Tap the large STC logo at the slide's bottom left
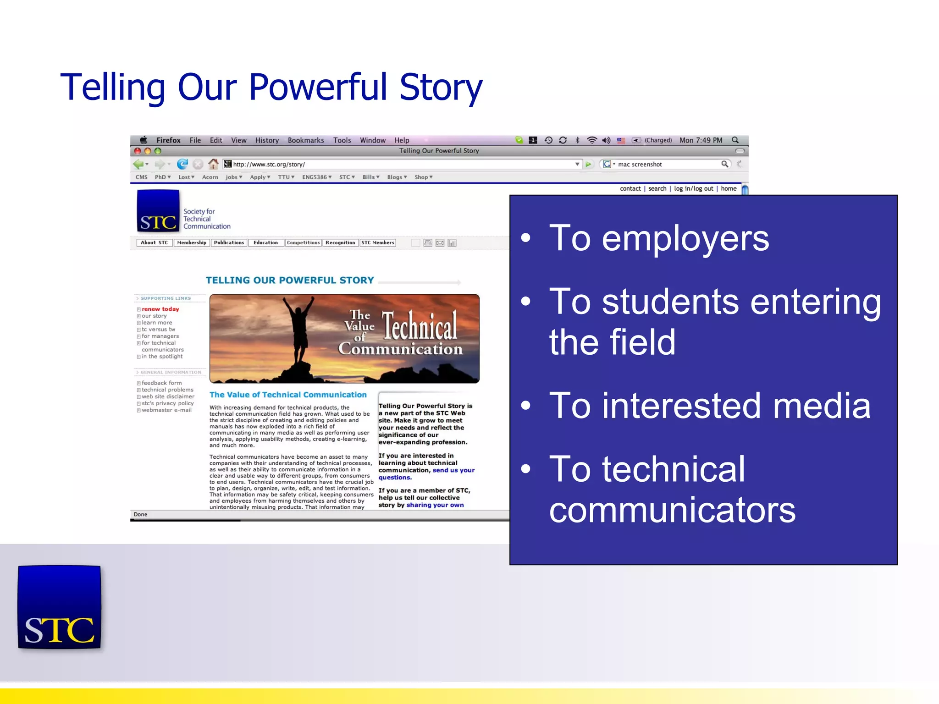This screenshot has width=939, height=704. (59, 607)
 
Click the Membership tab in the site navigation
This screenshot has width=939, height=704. (192, 243)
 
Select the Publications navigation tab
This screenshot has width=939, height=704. (229, 243)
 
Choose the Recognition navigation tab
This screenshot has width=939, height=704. (340, 243)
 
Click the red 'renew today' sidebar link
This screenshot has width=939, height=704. (160, 309)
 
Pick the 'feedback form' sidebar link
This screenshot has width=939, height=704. (161, 383)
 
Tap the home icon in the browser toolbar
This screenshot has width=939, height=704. (213, 164)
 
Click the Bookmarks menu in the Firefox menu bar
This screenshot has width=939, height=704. (305, 141)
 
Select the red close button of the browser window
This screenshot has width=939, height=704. (138, 151)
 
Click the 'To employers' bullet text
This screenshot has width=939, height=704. (658, 238)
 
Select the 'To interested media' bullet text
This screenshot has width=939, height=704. (709, 406)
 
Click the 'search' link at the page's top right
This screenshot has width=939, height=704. (657, 189)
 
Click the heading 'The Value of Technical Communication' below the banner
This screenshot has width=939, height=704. (288, 395)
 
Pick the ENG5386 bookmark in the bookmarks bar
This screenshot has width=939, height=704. (316, 177)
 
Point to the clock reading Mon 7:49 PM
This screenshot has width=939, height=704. (700, 141)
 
